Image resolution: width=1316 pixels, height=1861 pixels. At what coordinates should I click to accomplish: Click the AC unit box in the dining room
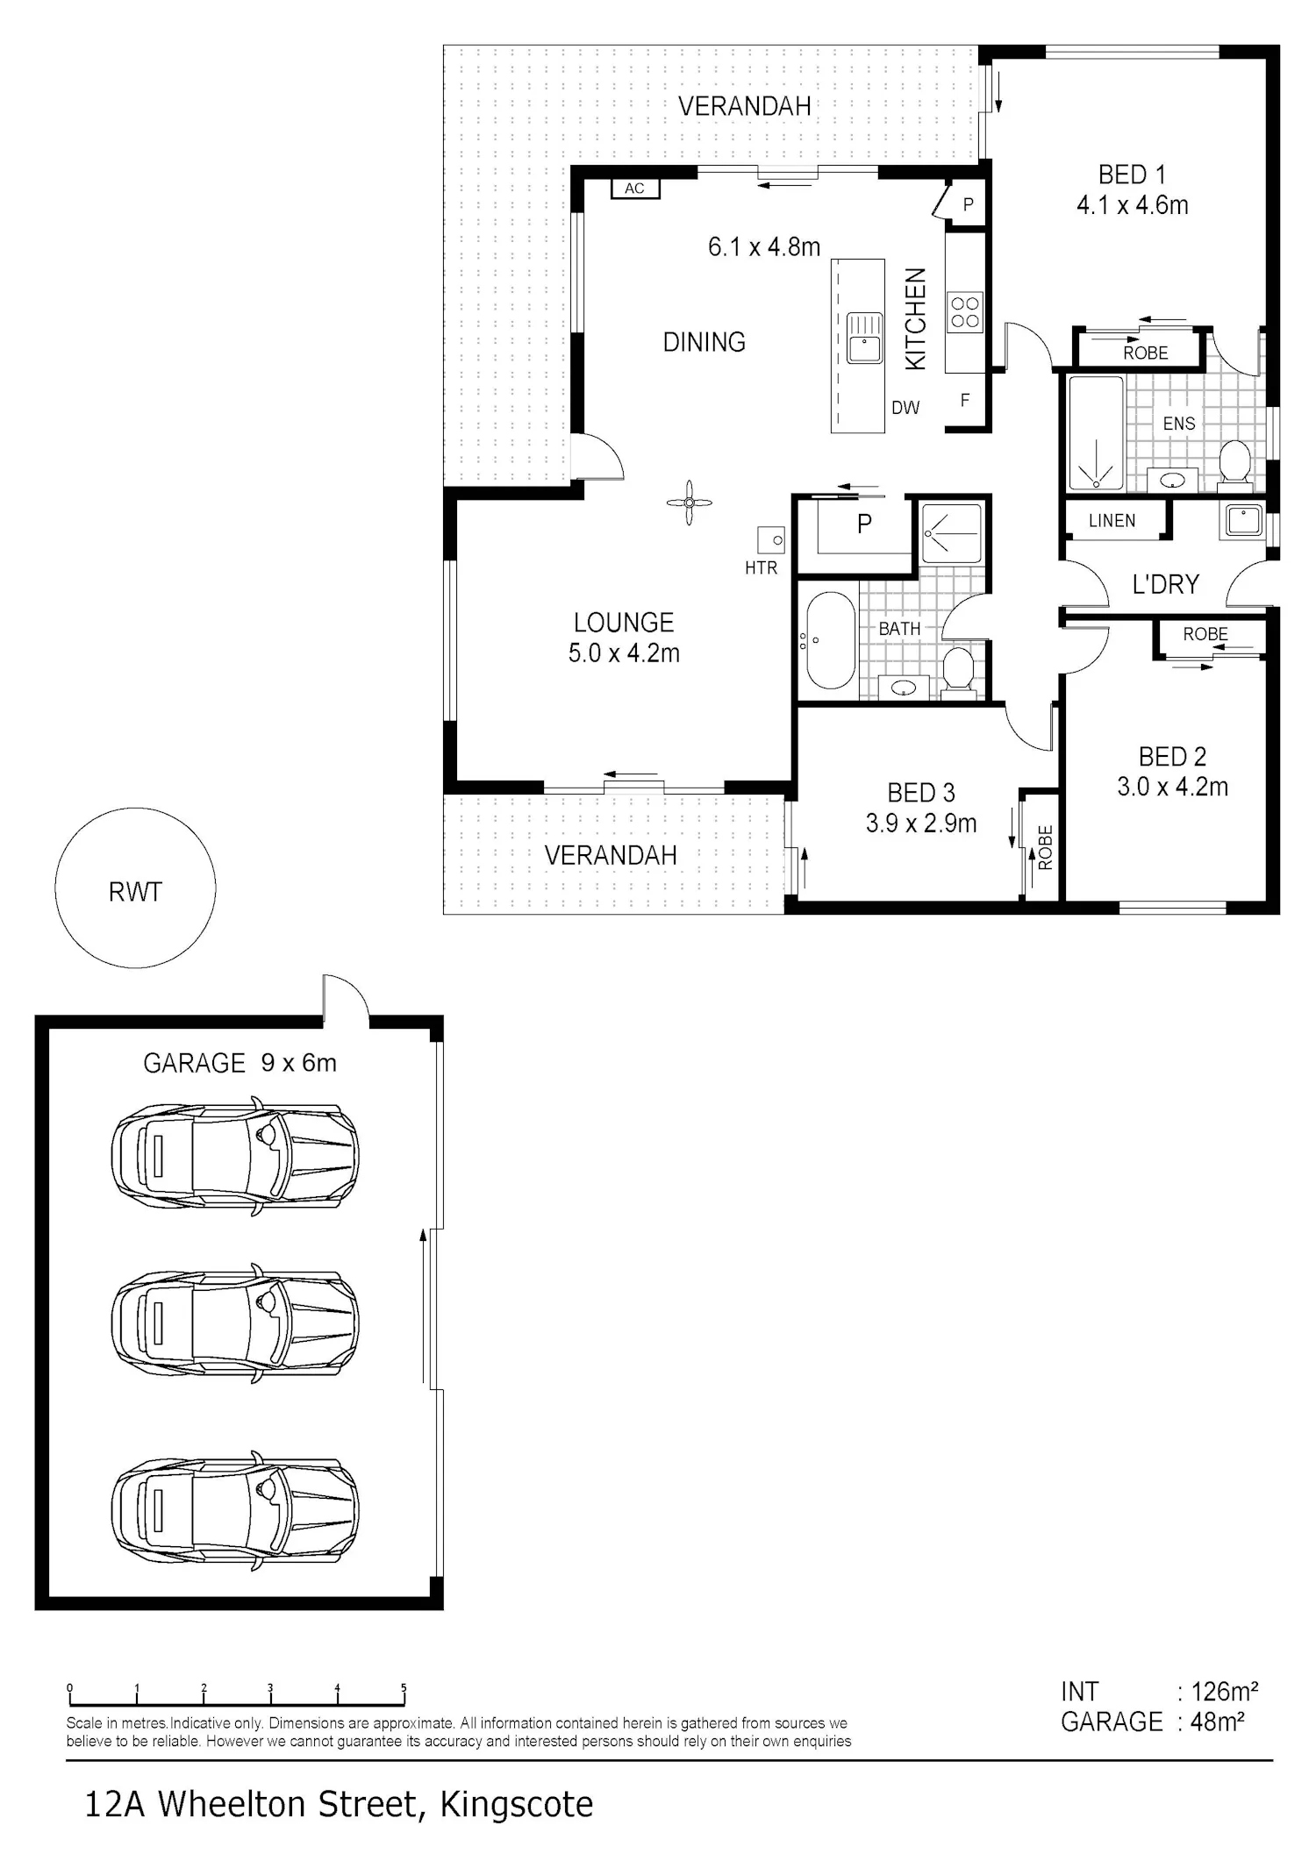coord(635,189)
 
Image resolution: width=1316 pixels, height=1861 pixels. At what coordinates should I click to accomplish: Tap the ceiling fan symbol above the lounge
coord(689,503)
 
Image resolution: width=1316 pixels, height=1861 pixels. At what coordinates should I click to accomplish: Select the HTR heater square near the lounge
coord(771,540)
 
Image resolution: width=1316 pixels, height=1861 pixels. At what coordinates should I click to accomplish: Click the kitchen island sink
coord(864,337)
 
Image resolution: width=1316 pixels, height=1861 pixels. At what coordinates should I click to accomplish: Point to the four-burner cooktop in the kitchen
coord(965,313)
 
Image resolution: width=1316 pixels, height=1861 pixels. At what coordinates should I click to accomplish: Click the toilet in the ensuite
coord(1235,462)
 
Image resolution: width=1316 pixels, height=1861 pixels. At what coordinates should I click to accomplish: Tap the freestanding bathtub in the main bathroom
coord(830,641)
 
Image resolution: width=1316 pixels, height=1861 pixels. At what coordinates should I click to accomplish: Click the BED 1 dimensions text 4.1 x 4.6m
coord(1132,205)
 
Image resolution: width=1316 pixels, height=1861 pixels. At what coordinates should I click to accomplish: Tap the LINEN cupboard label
coord(1112,521)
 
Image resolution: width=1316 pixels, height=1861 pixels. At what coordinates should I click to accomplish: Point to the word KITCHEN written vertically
coord(915,319)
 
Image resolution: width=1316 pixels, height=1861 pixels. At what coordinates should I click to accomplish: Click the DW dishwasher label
coord(905,407)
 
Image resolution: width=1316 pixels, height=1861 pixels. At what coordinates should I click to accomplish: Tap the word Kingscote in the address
coord(516,1805)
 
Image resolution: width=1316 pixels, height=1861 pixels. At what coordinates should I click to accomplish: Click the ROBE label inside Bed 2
coord(1205,634)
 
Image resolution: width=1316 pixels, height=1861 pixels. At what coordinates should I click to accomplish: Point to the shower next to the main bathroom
coord(951,532)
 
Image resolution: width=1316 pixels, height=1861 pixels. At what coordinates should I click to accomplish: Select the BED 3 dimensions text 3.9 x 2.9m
coord(921,824)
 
